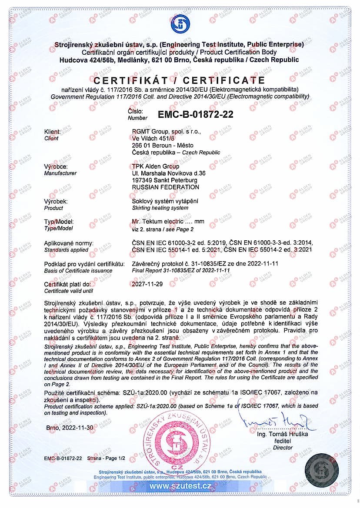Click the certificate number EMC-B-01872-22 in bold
coord(196,115)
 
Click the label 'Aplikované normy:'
coord(69,243)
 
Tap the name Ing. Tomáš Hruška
coord(282,434)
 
